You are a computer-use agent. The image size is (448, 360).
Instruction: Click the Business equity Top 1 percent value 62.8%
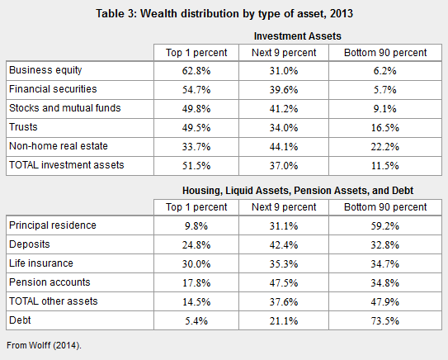pos(196,71)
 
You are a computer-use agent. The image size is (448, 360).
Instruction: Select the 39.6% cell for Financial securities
pos(284,90)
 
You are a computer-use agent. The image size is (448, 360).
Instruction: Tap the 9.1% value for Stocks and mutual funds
pos(384,109)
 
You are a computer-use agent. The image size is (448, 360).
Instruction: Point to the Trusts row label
pos(23,127)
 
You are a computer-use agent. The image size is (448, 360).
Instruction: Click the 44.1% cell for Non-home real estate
pos(284,147)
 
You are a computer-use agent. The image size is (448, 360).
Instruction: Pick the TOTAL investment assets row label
pos(67,165)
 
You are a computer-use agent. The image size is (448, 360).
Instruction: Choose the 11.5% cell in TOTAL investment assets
pos(384,166)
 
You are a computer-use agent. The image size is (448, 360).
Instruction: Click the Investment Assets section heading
pos(297,36)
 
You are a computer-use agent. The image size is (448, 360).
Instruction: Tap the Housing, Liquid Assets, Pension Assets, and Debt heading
pos(298,191)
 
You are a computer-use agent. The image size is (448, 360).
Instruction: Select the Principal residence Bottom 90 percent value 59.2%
pos(384,226)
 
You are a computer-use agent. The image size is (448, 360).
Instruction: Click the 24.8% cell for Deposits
pos(196,245)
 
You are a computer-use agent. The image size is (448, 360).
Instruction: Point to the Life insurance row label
pos(41,263)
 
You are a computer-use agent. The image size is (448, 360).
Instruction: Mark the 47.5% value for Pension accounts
pos(284,283)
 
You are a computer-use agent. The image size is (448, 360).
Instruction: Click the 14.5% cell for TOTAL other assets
pos(196,302)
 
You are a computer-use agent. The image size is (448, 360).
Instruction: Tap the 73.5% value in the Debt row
pos(384,321)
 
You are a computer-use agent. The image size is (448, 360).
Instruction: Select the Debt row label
pos(20,320)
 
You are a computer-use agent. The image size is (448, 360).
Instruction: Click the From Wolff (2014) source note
pos(44,345)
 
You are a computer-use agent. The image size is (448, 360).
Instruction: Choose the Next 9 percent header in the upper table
pos(284,53)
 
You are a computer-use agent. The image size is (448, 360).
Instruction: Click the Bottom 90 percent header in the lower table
pos(385,207)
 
